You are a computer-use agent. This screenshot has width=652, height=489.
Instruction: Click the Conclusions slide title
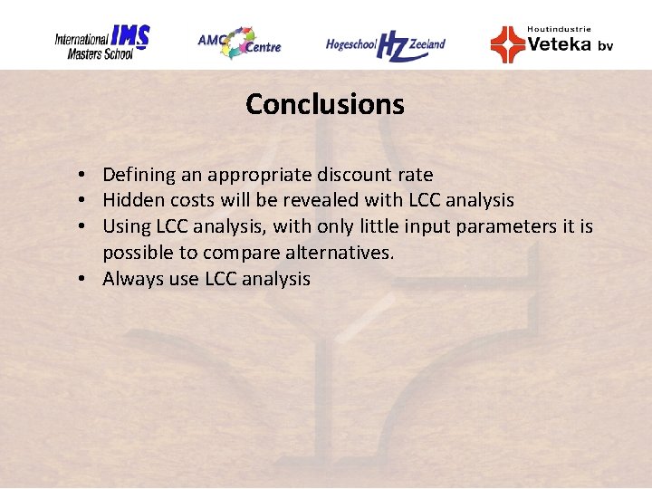click(x=324, y=104)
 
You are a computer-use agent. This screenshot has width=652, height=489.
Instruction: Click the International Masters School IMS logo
click(x=101, y=42)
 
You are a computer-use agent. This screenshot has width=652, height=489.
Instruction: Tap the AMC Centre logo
click(x=239, y=42)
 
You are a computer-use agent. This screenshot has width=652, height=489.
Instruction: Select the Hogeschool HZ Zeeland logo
click(x=386, y=43)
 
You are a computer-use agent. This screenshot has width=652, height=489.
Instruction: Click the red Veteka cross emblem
click(x=507, y=43)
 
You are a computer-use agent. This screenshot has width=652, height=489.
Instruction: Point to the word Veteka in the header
click(x=559, y=43)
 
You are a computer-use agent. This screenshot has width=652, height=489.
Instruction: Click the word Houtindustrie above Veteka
click(x=559, y=29)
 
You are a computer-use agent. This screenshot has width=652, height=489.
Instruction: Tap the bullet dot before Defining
click(x=81, y=175)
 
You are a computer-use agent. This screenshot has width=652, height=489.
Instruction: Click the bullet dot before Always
click(x=81, y=279)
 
